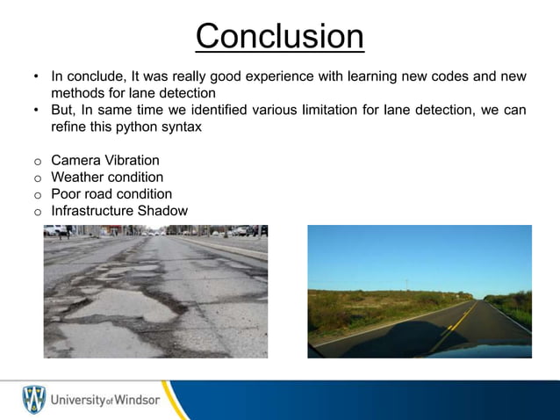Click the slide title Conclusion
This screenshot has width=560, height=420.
tap(279, 36)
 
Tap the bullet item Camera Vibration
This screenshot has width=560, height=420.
tap(105, 161)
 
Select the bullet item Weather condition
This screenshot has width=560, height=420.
tap(108, 177)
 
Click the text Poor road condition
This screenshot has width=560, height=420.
tap(111, 194)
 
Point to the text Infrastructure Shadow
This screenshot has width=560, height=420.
tap(119, 211)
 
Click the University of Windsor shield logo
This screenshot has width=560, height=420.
tap(34, 400)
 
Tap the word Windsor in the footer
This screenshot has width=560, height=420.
tap(136, 401)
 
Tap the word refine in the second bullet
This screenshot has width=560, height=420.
tap(68, 126)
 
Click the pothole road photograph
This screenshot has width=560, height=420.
tap(155, 291)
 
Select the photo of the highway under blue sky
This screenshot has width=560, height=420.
tap(419, 291)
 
